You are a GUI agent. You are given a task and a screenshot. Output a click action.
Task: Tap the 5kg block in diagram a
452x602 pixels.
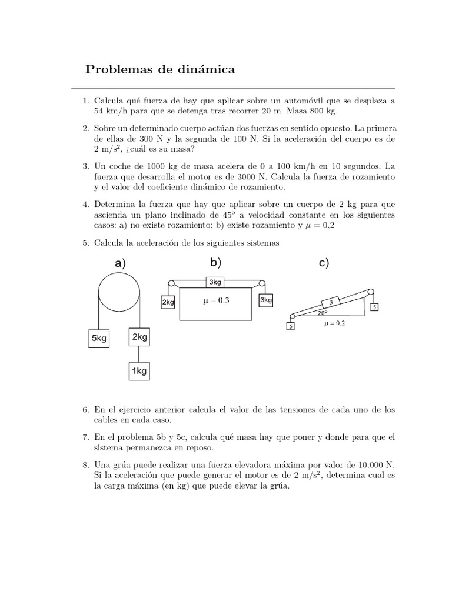pyautogui.click(x=98, y=339)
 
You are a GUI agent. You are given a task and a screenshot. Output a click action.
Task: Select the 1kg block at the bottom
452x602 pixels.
pyautogui.click(x=139, y=371)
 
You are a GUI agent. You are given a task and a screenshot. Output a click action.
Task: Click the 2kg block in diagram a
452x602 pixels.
pyautogui.click(x=139, y=337)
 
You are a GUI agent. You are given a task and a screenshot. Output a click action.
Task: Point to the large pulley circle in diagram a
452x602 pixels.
pyautogui.click(x=119, y=293)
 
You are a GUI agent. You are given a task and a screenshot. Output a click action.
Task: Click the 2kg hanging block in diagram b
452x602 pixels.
pyautogui.click(x=168, y=302)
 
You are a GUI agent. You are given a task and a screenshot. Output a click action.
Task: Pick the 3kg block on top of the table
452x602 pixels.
pyautogui.click(x=215, y=282)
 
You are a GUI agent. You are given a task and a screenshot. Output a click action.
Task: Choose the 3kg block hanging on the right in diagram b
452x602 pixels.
pyautogui.click(x=266, y=300)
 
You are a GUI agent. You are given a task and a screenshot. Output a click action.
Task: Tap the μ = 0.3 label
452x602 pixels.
pyautogui.click(x=215, y=300)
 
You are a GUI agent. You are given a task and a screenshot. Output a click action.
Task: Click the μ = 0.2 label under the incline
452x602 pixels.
pyautogui.click(x=335, y=323)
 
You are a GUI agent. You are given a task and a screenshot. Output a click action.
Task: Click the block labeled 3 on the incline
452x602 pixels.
pyautogui.click(x=331, y=302)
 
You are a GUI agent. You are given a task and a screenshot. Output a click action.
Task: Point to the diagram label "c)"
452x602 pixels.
pyautogui.click(x=324, y=263)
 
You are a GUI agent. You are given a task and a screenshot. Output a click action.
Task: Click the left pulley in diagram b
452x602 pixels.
pyautogui.click(x=171, y=283)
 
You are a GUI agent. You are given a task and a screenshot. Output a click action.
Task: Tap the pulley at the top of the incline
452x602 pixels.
pyautogui.click(x=370, y=292)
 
